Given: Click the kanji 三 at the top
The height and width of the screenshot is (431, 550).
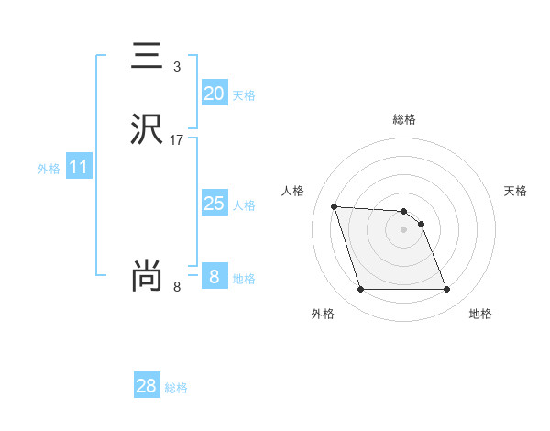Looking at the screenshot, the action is [x=146, y=58].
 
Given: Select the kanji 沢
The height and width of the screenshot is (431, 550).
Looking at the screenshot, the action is [x=146, y=129].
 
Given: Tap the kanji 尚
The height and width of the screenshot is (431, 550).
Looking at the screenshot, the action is [x=146, y=276].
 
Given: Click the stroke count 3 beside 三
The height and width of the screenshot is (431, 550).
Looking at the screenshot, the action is [x=176, y=67].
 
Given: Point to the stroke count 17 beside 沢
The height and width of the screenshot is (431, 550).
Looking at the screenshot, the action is [x=177, y=140].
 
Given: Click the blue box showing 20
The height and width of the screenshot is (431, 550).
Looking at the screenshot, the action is [x=214, y=94].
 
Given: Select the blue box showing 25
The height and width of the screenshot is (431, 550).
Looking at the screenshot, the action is [x=214, y=204].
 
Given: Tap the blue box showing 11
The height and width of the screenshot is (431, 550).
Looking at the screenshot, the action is [x=78, y=168].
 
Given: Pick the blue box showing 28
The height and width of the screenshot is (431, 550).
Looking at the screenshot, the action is [x=146, y=386].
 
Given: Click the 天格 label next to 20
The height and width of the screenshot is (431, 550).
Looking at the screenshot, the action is [x=244, y=95].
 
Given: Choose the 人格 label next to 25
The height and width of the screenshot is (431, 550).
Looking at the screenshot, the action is [x=244, y=205].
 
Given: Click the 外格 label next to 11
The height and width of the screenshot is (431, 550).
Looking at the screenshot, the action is [x=49, y=170].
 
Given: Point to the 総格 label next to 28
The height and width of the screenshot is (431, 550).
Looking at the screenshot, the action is [x=176, y=388].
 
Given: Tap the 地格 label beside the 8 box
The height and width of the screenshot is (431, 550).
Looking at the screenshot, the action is [x=244, y=279].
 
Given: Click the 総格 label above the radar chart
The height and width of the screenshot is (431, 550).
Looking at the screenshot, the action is [x=404, y=119].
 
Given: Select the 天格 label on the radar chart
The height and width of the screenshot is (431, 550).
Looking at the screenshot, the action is [x=516, y=191].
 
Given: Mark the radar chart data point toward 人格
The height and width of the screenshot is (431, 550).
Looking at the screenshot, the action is [x=335, y=206].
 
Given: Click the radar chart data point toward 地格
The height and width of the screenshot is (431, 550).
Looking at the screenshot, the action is [x=446, y=290].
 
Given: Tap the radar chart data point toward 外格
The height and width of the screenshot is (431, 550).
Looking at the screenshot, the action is [x=360, y=290].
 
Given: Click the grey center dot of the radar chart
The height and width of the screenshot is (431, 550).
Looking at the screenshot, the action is [x=403, y=229].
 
